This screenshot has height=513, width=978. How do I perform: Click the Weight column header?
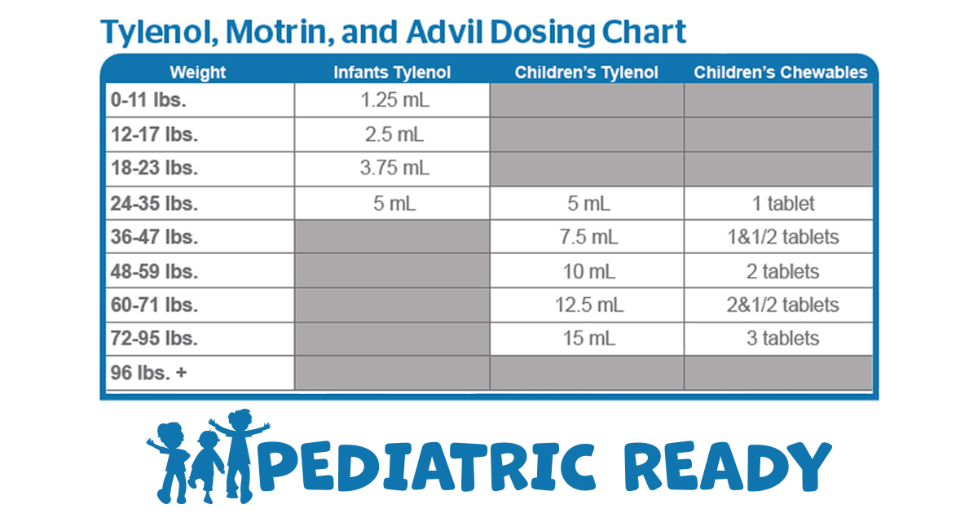coord(198,72)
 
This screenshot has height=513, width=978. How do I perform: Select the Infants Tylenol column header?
coord(392,72)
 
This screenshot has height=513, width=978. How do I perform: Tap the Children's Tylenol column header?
coord(586,72)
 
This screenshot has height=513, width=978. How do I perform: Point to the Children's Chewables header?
coord(781,72)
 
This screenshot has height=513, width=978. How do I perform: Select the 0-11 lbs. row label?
coord(148,100)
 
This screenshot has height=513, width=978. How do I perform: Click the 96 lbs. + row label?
coord(148,373)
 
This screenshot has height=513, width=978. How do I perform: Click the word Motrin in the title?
coord(280,33)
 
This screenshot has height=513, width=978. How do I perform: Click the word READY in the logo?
coord(727,467)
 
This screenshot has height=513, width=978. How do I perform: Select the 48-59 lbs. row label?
coord(154,272)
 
